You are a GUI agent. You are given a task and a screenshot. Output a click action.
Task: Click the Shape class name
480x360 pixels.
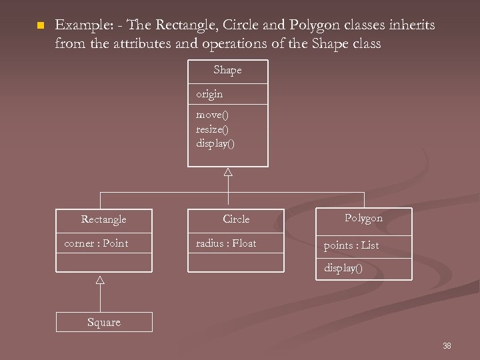227,70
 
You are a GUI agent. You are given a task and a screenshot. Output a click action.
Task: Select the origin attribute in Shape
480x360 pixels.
209,94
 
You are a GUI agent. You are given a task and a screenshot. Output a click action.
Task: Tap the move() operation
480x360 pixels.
212,115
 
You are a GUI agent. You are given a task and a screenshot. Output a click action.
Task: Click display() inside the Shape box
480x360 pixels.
215,143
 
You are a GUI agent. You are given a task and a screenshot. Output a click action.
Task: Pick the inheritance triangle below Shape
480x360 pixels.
228,172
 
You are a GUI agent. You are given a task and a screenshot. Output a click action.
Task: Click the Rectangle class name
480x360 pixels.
103,219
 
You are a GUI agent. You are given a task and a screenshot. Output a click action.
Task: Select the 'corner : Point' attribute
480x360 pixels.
96,243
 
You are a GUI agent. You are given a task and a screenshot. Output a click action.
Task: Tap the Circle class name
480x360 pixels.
236,219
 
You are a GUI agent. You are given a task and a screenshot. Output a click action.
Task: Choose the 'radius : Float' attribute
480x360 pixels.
226,243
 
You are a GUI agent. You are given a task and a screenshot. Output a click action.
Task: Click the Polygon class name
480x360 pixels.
363,218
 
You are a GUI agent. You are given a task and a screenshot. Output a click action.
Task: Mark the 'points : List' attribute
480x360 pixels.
351,245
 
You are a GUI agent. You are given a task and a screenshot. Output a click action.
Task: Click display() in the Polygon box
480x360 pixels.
343,268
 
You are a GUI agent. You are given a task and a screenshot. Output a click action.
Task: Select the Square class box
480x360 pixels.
104,322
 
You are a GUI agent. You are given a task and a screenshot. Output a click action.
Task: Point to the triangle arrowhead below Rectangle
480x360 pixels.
100,279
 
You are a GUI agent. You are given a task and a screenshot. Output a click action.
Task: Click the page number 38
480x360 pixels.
447,345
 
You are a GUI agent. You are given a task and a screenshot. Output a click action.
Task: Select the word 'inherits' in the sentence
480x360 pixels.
413,25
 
